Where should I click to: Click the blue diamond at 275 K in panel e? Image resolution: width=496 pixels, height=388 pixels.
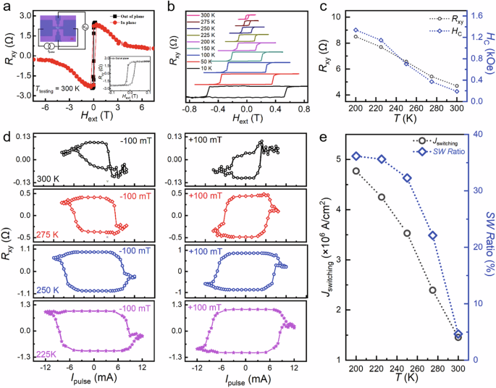[432, 236]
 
